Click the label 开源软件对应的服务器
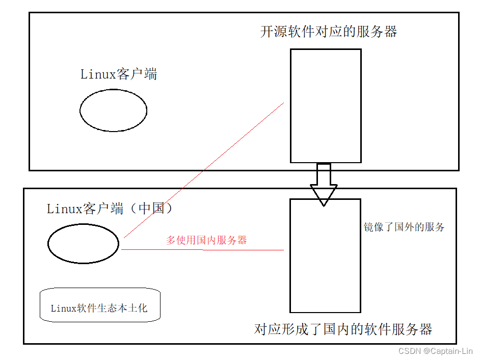(329, 32)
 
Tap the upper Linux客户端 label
(119, 74)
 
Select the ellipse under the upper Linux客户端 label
(113, 110)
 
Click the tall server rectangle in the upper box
(326, 106)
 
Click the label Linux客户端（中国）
(111, 209)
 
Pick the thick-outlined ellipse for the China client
(83, 244)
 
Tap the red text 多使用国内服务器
(206, 240)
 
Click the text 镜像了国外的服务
(404, 227)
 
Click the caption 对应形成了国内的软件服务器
(343, 329)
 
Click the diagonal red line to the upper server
(204, 170)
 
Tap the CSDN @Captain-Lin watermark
(436, 351)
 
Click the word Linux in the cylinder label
(64, 308)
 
